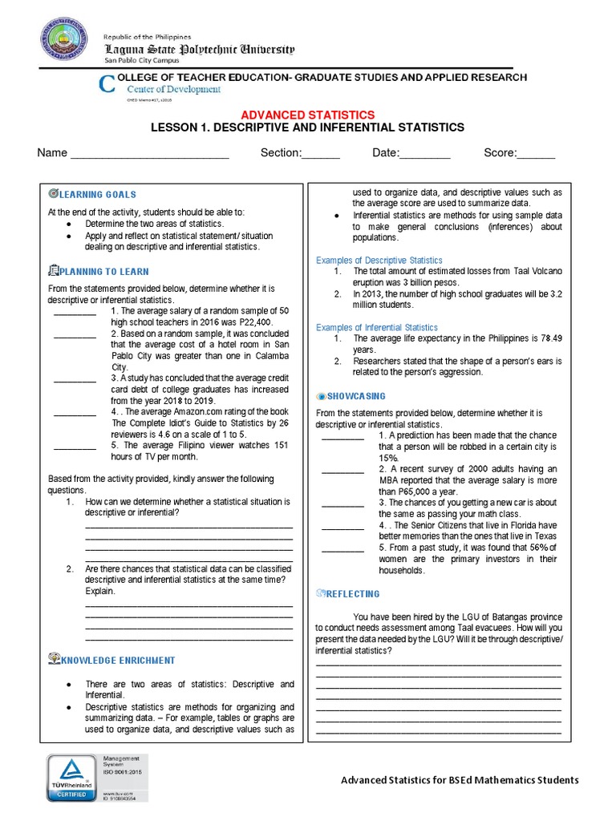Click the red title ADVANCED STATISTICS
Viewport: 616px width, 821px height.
[x=308, y=115]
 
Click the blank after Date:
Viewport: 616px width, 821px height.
[x=425, y=154]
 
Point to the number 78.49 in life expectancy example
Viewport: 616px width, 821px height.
[x=546, y=338]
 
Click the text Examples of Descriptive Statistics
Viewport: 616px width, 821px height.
[x=379, y=261]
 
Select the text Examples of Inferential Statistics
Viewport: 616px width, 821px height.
[x=376, y=327]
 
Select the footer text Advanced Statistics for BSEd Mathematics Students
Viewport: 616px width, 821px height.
[x=460, y=780]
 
